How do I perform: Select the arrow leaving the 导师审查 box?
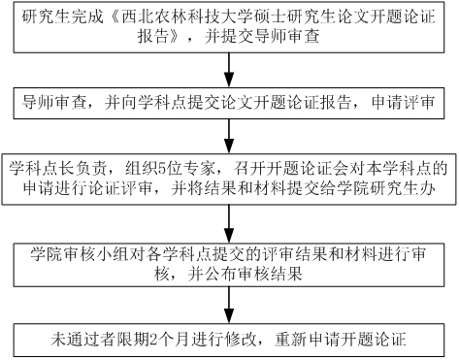click(x=229, y=133)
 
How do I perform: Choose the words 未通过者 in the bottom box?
click(x=82, y=339)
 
